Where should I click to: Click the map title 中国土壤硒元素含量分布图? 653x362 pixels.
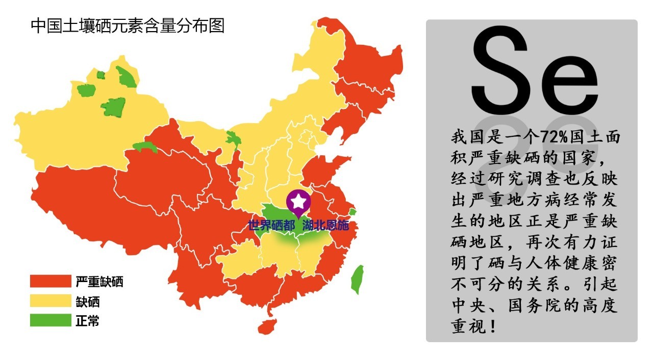128,25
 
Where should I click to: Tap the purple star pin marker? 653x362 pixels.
298,202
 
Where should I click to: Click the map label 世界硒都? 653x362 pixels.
271,225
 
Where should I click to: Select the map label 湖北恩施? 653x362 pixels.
325,225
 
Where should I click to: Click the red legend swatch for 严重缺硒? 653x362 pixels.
50,282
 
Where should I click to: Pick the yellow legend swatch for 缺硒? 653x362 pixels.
50,301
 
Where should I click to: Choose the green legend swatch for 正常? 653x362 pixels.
50,321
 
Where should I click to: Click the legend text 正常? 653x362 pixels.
87,321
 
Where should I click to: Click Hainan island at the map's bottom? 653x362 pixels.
267,326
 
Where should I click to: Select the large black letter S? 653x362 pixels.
500,71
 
